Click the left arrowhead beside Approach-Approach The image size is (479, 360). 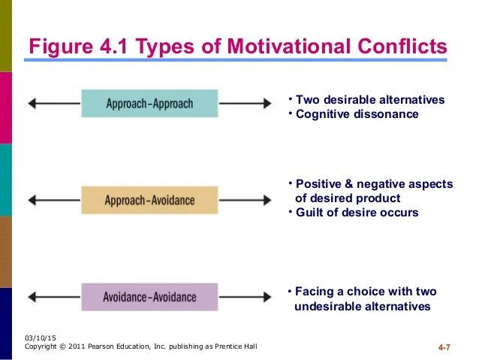[31, 103]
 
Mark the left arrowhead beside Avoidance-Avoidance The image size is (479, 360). [31, 296]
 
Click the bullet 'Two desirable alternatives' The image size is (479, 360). [369, 100]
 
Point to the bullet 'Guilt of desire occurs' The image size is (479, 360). [357, 213]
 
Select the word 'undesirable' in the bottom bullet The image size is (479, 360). [324, 307]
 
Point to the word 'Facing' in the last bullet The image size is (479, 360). [314, 292]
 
